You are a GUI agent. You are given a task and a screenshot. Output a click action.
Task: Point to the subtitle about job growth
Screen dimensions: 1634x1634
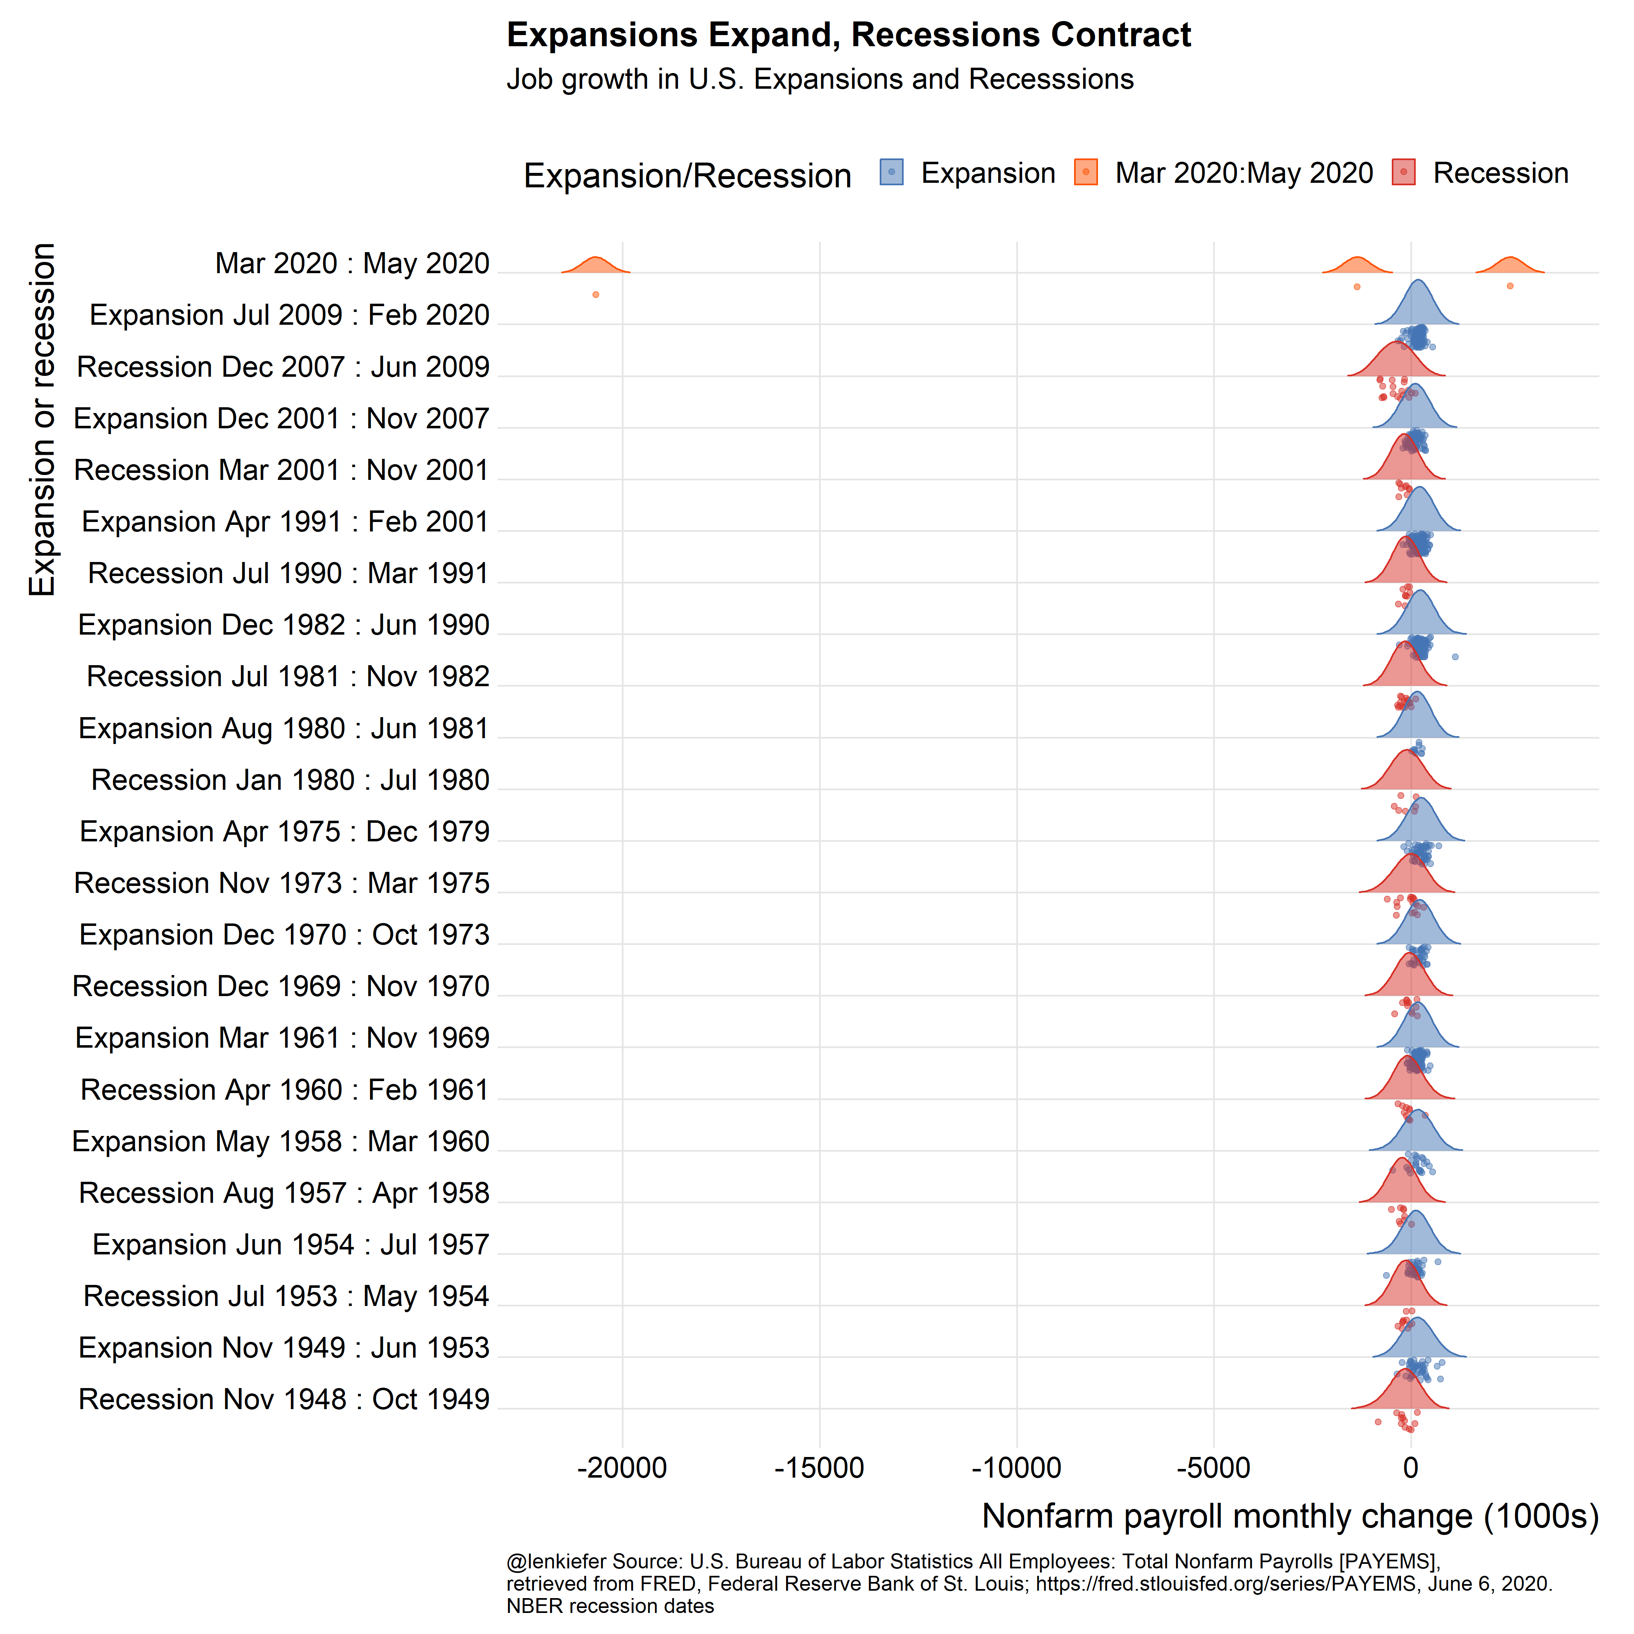pyautogui.click(x=819, y=80)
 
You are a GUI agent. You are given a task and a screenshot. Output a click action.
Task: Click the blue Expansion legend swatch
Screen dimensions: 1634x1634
pyautogui.click(x=891, y=172)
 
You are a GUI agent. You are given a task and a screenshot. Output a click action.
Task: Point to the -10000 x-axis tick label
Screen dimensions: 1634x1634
pyautogui.click(x=1017, y=1468)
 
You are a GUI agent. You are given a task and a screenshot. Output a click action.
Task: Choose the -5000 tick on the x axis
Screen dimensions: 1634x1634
pyautogui.click(x=1214, y=1468)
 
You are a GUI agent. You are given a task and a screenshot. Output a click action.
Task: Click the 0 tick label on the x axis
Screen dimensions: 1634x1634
pyautogui.click(x=1411, y=1468)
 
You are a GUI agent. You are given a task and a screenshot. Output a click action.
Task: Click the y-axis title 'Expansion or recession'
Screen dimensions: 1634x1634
pyautogui.click(x=42, y=420)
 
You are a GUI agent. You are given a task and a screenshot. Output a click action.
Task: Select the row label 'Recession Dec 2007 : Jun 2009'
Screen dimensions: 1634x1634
pyautogui.click(x=283, y=367)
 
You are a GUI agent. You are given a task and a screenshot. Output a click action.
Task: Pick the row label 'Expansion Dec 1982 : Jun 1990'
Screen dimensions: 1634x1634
pyautogui.click(x=284, y=625)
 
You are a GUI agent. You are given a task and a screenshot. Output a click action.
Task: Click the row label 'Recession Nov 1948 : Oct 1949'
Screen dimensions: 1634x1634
pyautogui.click(x=284, y=1400)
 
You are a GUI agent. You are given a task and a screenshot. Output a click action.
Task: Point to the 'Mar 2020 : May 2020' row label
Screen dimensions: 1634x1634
pyautogui.click(x=353, y=264)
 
